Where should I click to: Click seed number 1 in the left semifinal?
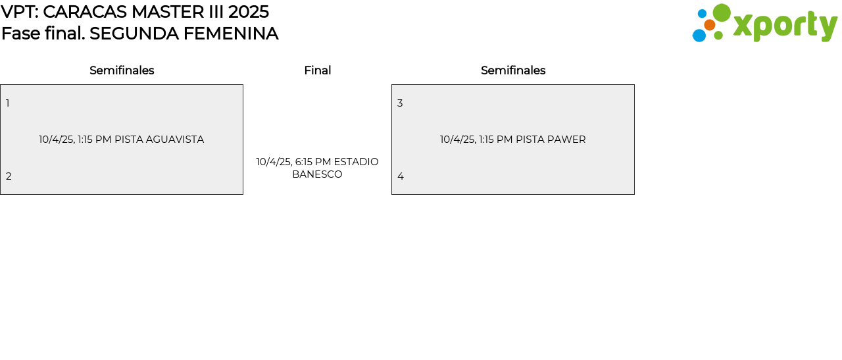[x=7, y=103]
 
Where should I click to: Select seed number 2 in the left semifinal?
[x=9, y=176]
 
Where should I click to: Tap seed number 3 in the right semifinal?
[x=400, y=103]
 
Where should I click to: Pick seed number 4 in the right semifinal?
[x=401, y=176]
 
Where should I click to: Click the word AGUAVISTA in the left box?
[x=175, y=140]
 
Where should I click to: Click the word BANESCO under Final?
[x=317, y=174]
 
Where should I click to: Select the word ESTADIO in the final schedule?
[x=356, y=162]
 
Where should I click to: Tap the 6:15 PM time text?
[x=313, y=162]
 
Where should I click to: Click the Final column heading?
[x=318, y=70]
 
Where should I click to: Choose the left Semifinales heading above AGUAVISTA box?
[x=122, y=70]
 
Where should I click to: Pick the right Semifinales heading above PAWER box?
[x=513, y=70]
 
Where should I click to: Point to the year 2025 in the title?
[x=249, y=12]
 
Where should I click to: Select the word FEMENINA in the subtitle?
[x=231, y=34]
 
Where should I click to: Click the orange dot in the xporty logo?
[x=710, y=25]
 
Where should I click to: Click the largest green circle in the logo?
[x=722, y=13]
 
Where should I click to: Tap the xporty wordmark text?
[x=785, y=26]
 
